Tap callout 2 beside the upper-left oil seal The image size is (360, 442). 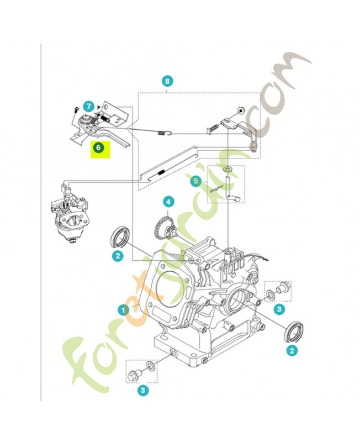[117, 255]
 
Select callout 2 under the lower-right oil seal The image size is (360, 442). [291, 349]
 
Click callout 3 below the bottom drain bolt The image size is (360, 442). [143, 391]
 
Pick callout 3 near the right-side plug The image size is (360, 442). [280, 308]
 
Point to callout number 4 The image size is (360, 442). [168, 202]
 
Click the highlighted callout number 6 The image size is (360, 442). [98, 148]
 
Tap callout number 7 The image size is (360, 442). [88, 105]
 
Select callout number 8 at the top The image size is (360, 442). [168, 81]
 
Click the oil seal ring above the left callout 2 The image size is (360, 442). [120, 236]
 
